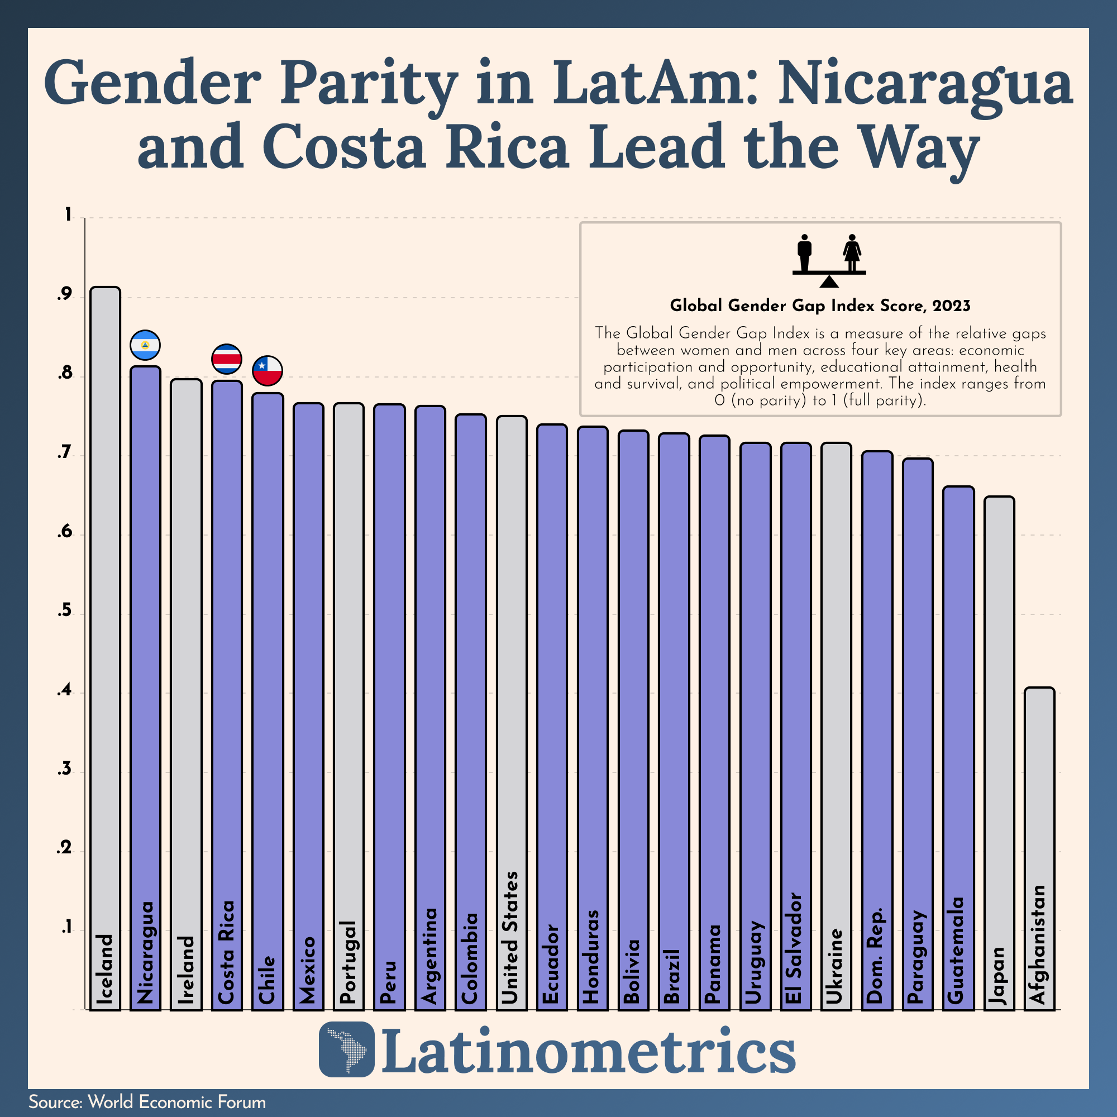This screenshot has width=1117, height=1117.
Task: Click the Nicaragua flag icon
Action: [145, 345]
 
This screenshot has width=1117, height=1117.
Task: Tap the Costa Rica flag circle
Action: [227, 359]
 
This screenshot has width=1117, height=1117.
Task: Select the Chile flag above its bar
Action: [267, 371]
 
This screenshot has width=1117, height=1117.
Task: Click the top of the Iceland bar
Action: [105, 288]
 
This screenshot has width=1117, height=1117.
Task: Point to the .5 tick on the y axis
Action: [65, 612]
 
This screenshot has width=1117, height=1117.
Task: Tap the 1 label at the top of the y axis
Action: [68, 216]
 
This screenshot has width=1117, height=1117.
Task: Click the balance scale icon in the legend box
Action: [829, 261]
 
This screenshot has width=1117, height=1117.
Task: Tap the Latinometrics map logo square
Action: [346, 1049]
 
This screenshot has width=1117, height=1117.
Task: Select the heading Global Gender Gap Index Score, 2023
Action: [820, 306]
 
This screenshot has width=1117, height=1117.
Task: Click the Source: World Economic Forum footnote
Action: [147, 1102]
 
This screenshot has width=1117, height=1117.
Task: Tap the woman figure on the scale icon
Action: [852, 252]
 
